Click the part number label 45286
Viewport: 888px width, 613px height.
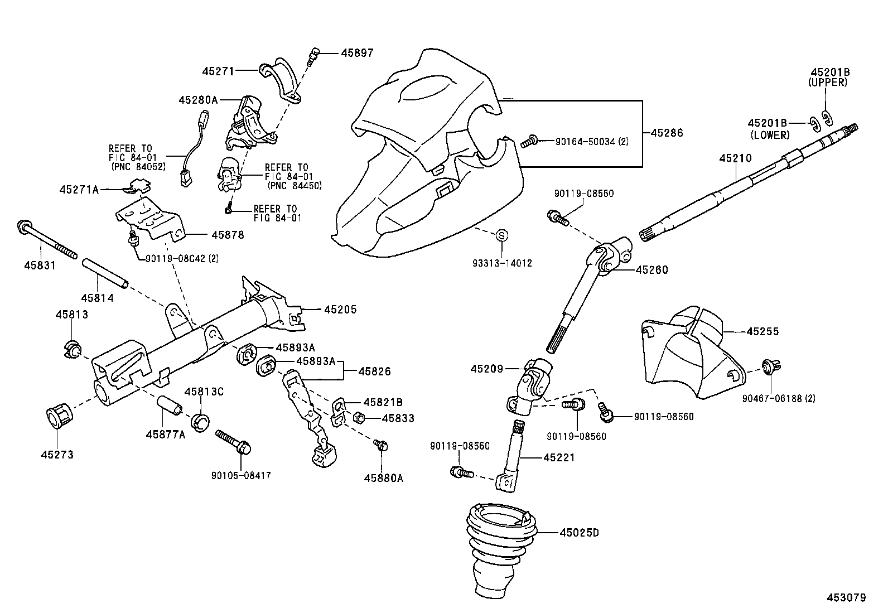pyautogui.click(x=667, y=133)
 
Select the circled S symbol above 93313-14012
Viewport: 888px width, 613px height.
pyautogui.click(x=501, y=236)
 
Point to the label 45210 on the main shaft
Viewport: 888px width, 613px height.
pyautogui.click(x=735, y=158)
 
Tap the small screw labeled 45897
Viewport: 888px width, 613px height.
pyautogui.click(x=315, y=55)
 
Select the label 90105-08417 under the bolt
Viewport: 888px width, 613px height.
pyautogui.click(x=241, y=476)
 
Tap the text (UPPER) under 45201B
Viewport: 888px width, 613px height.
pyautogui.click(x=828, y=83)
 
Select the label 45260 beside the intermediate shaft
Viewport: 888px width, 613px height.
pyautogui.click(x=651, y=270)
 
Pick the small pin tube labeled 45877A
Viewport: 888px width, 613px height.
pyautogui.click(x=169, y=405)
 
